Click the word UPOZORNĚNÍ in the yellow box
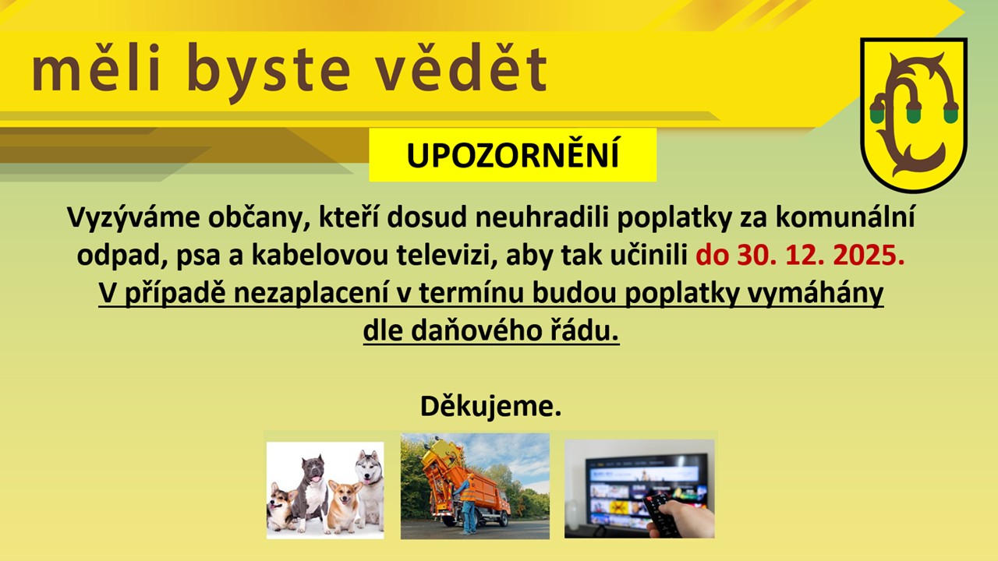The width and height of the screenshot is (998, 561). click(513, 155)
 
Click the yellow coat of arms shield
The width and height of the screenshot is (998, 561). click(914, 115)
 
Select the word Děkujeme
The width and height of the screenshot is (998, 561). click(490, 406)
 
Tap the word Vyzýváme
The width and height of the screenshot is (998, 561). click(133, 218)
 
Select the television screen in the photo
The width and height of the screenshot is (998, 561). click(647, 489)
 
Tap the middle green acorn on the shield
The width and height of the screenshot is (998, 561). click(914, 113)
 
